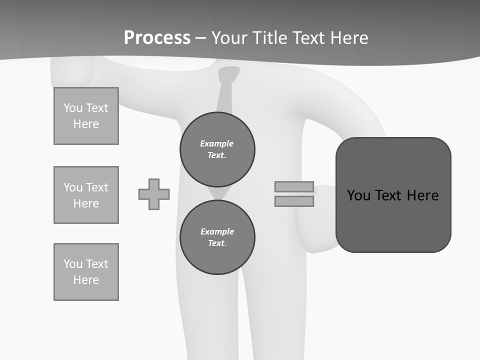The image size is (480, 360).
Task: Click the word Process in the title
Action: point(157,38)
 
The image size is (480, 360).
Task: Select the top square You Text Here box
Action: point(86,116)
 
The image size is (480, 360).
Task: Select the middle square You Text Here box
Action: point(86,195)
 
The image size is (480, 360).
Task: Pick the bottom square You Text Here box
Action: point(86,272)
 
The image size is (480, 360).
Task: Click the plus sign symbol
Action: point(154,194)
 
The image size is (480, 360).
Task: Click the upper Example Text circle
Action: point(217,149)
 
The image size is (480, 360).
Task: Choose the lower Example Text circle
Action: point(217,237)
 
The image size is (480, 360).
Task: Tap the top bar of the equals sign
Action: point(294,186)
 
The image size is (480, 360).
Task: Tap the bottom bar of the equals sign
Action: point(294,201)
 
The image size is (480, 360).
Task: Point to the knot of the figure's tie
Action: point(229,74)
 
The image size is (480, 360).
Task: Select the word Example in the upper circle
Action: point(217,144)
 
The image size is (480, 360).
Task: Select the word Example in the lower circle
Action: point(217,232)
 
